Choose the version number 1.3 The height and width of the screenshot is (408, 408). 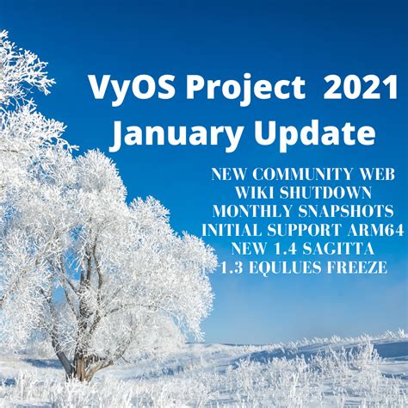coord(232,269)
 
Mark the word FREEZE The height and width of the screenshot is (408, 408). coord(356,269)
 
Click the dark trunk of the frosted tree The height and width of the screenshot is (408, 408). coord(82,367)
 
